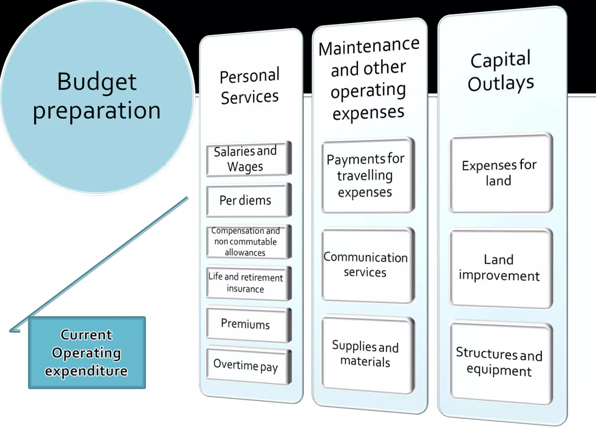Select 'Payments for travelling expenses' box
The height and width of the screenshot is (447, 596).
point(367,175)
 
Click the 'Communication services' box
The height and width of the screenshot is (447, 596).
point(367,265)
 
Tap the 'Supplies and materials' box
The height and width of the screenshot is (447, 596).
point(367,354)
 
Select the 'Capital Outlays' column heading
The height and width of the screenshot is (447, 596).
point(501,72)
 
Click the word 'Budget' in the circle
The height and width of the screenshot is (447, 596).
point(97,82)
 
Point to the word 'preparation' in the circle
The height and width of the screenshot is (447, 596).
point(97,111)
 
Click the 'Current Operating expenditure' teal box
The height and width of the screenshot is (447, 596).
point(87,352)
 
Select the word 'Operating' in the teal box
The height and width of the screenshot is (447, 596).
point(86,353)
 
